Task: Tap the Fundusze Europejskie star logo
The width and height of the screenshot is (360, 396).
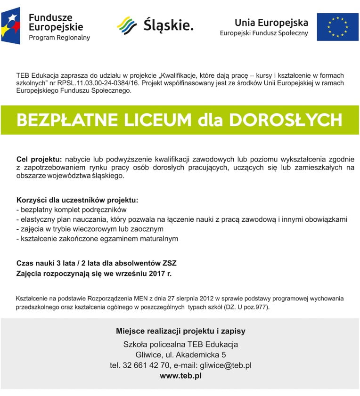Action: [x=11, y=26]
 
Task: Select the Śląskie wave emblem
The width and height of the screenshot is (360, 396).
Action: [x=127, y=25]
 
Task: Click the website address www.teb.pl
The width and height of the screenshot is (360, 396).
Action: [x=180, y=376]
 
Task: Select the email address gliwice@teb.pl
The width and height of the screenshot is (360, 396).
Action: [x=226, y=365]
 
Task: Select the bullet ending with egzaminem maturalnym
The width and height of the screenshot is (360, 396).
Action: [x=97, y=239]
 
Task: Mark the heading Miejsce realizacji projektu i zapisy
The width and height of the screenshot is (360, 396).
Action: [x=180, y=331]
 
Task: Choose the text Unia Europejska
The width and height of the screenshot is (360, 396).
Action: [x=271, y=23]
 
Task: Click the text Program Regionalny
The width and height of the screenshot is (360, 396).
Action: [x=59, y=37]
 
